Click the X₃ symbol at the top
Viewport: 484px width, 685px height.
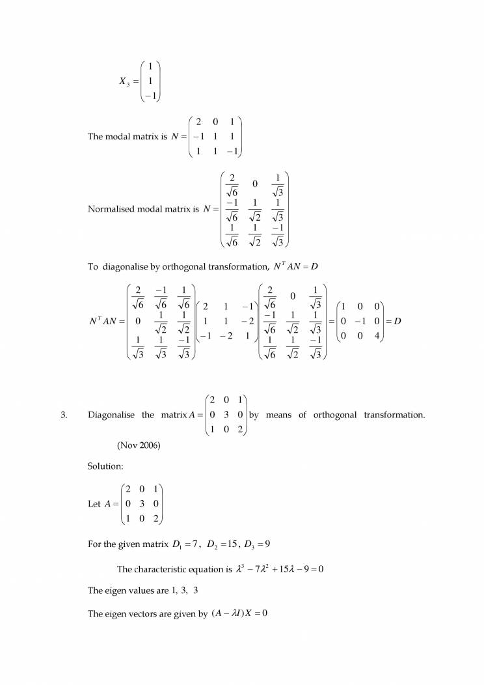click(x=124, y=81)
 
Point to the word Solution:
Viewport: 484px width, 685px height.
click(x=105, y=466)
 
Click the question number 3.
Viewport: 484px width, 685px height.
click(x=64, y=415)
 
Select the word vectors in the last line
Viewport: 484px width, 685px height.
click(x=146, y=613)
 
